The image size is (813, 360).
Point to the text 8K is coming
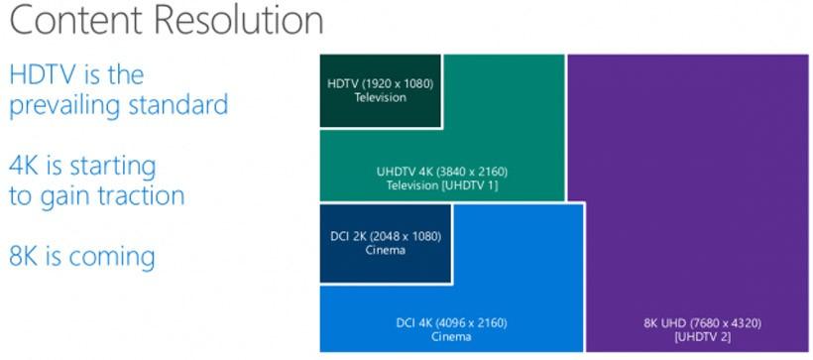82,257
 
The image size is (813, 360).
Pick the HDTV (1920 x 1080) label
381,83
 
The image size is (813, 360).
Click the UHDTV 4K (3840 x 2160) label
442,172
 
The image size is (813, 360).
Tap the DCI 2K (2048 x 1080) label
385,236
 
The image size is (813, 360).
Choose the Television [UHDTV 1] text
442,185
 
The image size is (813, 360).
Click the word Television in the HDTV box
381,97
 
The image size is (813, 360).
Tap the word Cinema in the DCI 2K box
385,250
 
